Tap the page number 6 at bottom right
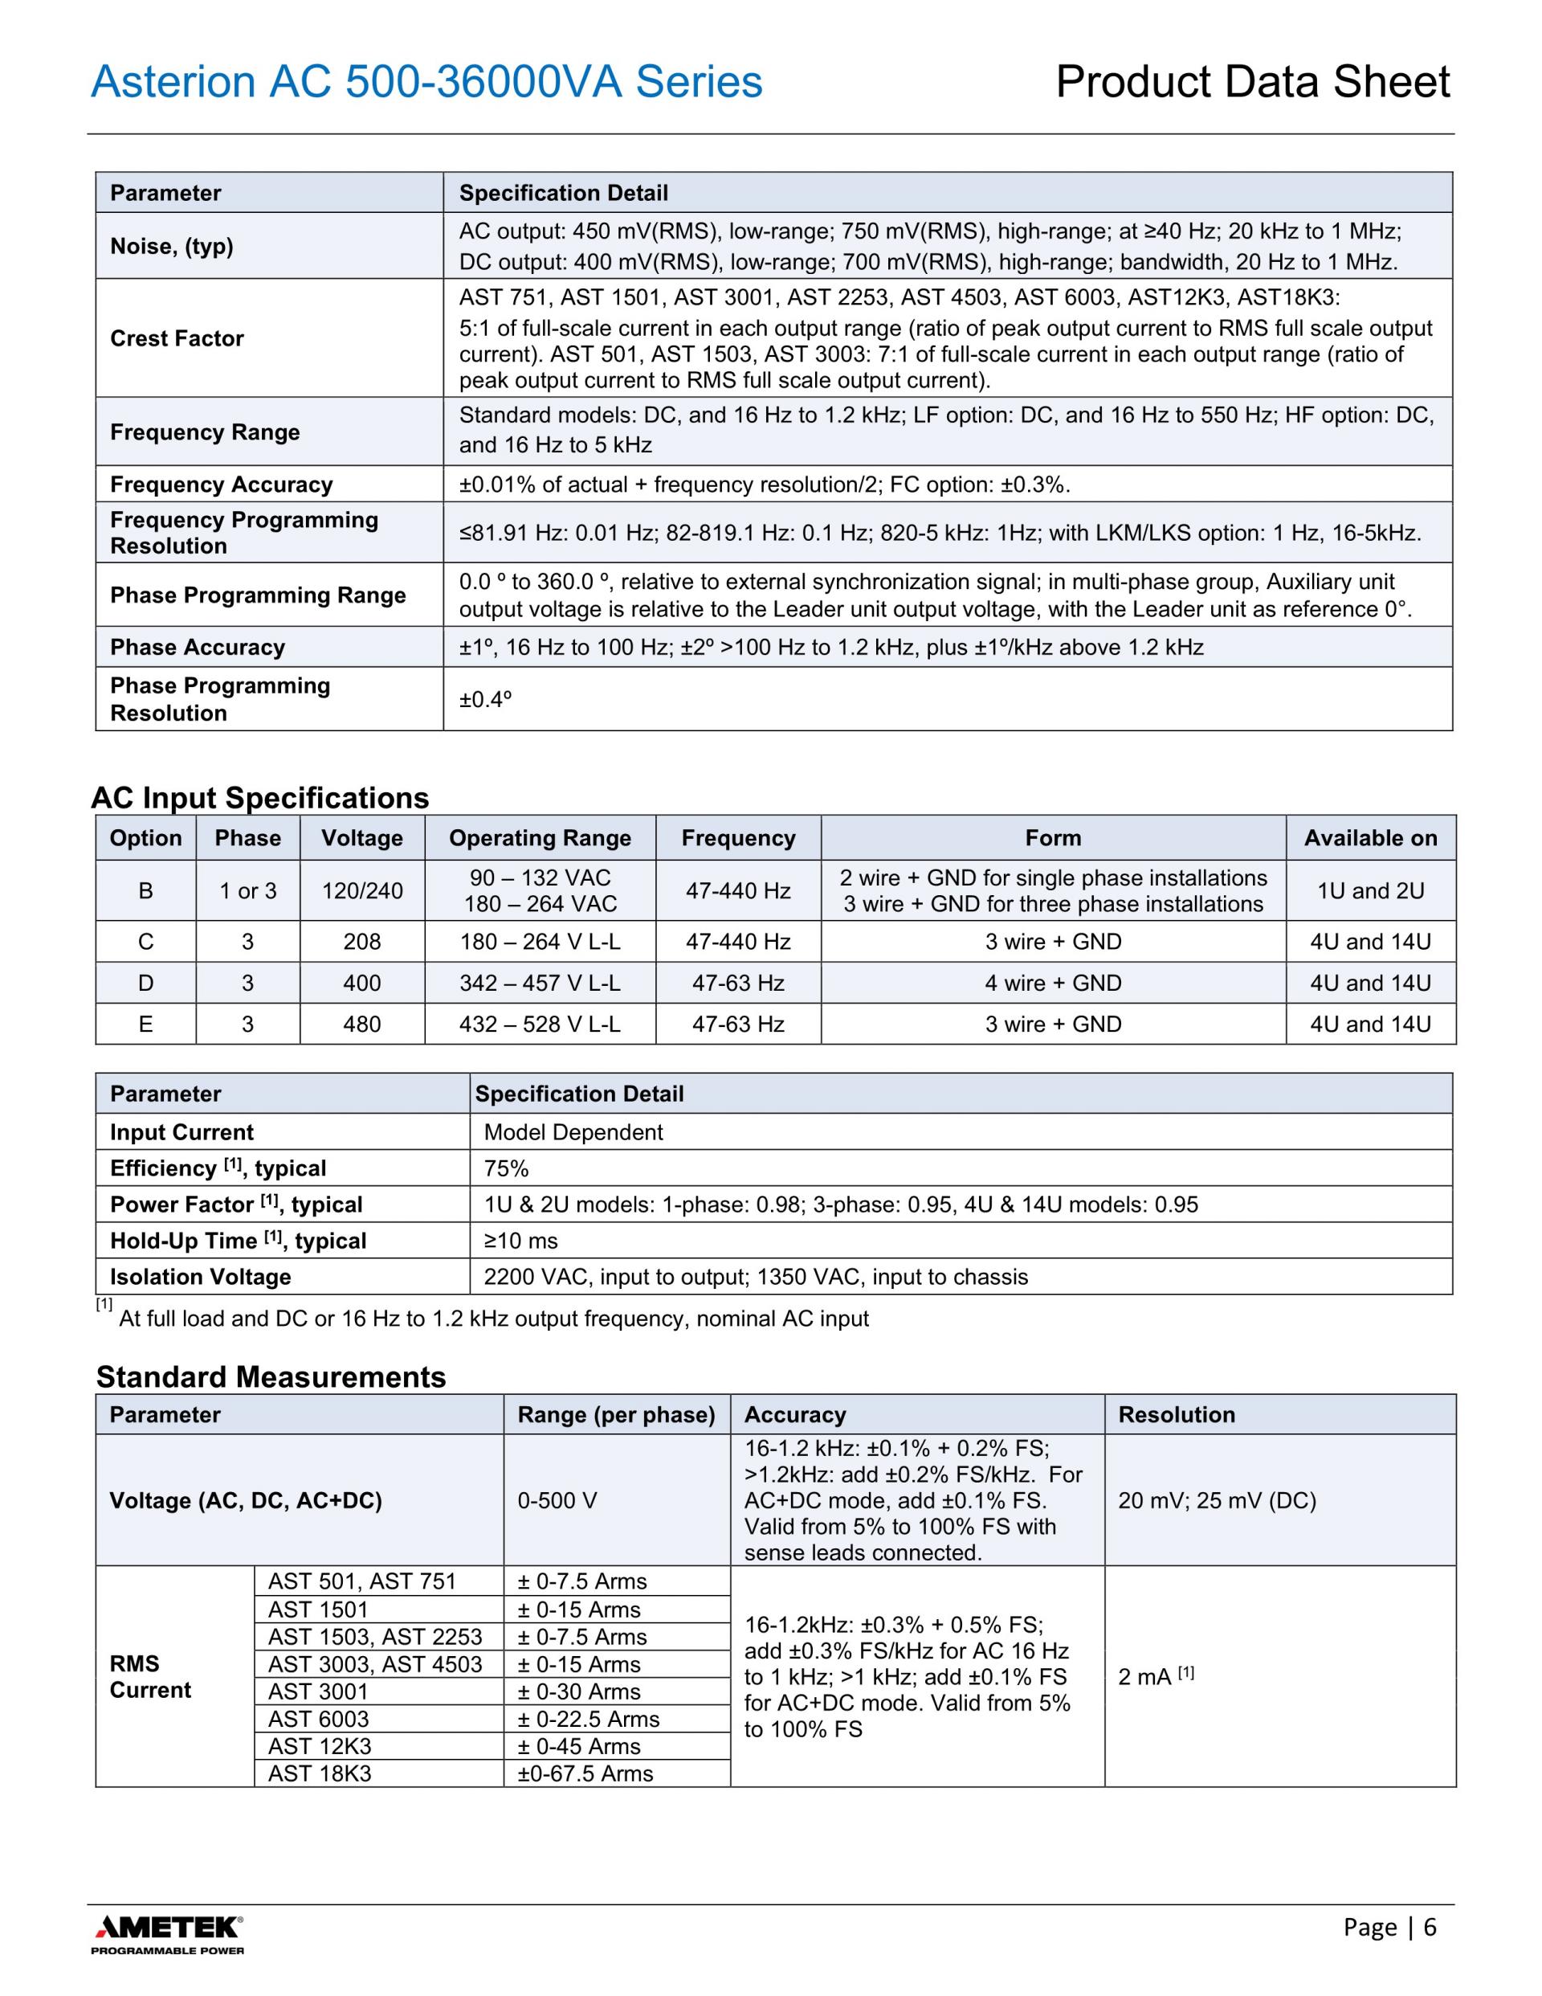pos(1430,1927)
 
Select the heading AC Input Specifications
pos(259,798)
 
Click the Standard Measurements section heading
pos(271,1376)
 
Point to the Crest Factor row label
pos(177,338)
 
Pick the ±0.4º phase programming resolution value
pos(485,699)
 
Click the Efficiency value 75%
pos(506,1168)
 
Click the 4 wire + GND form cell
pos(1052,983)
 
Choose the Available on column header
pos(1370,838)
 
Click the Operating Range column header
pos(540,838)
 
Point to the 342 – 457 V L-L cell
pos(540,983)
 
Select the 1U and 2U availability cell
pos(1370,890)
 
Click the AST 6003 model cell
pos(319,1718)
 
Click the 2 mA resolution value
pos(1155,1676)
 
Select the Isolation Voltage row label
pos(201,1277)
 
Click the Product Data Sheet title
pos(1252,81)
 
